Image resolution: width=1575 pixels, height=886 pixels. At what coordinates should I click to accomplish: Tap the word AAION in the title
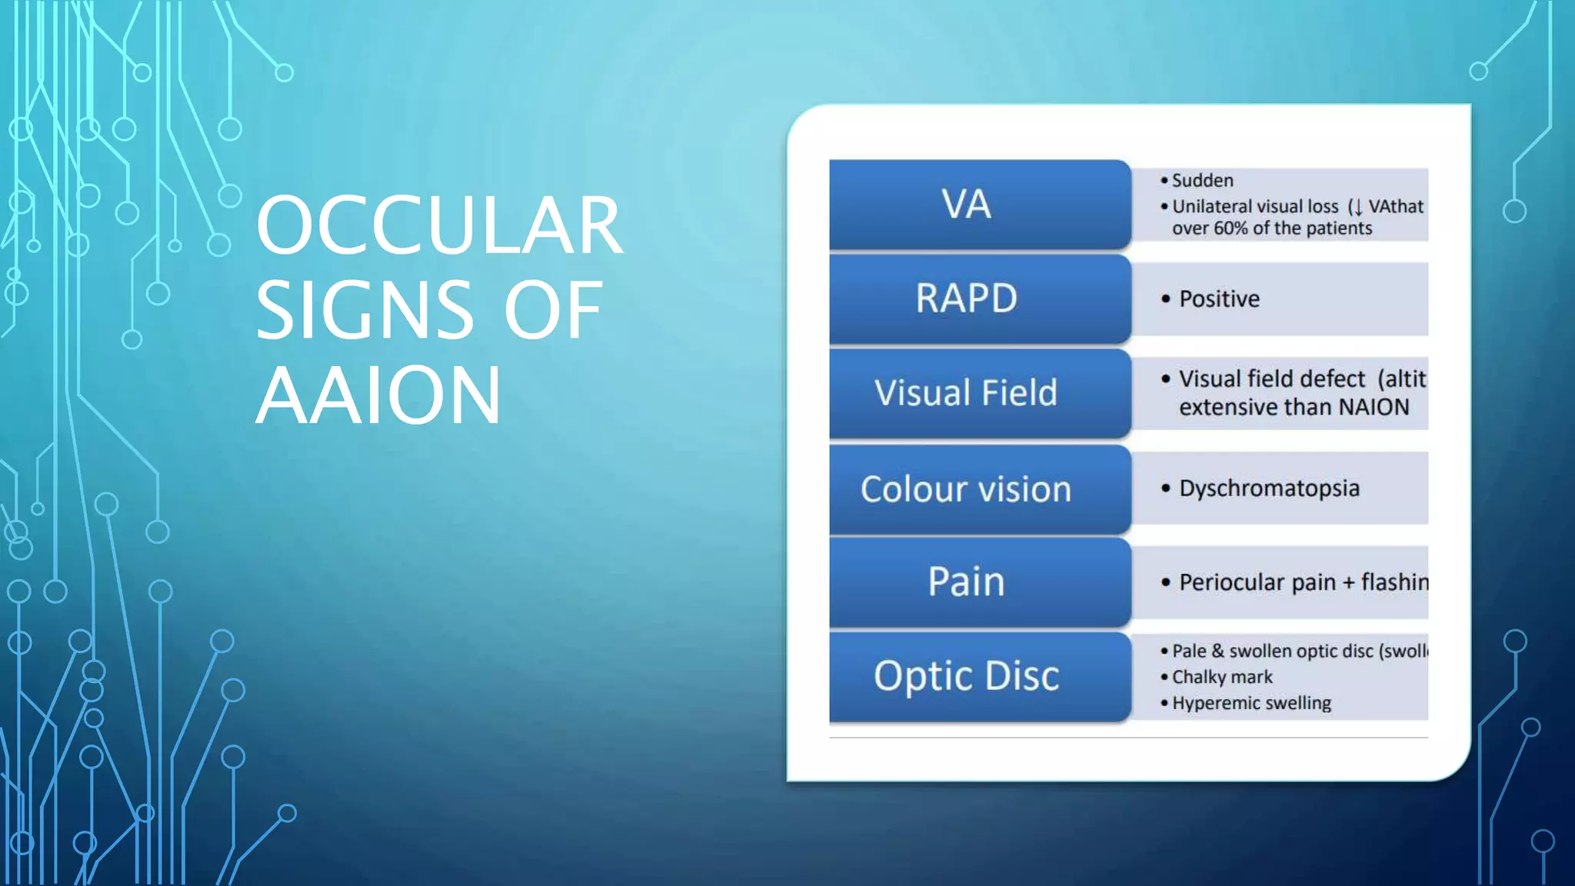[378, 395]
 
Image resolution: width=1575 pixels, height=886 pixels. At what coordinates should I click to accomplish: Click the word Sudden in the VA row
[1202, 181]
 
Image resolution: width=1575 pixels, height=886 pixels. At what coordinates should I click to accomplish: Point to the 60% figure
[1230, 228]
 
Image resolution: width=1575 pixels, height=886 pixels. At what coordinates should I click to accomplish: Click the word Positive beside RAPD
[1220, 298]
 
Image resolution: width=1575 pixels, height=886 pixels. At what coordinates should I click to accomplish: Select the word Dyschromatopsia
[1269, 488]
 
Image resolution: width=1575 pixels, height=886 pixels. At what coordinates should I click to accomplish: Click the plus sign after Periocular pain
[1348, 583]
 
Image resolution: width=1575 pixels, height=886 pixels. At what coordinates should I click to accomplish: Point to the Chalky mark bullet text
[1222, 677]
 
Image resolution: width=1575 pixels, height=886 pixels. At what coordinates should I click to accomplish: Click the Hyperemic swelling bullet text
[1251, 703]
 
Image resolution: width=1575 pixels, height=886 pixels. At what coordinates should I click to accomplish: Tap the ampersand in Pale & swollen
[1217, 651]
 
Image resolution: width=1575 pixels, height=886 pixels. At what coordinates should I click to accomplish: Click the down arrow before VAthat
[1357, 207]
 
